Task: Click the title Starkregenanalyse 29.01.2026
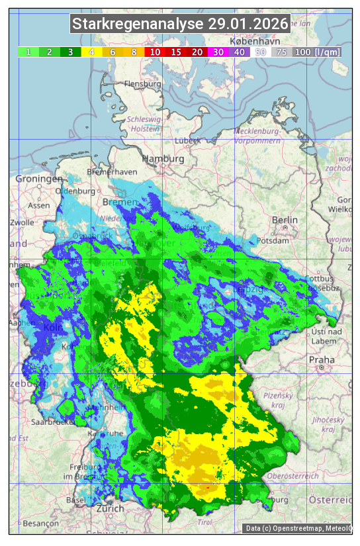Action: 180,24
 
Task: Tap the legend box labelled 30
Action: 218,52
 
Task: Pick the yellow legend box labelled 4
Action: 91,52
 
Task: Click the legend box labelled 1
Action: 28,52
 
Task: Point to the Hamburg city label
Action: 163,159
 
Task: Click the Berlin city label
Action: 285,220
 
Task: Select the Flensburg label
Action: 143,85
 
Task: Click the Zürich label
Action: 110,508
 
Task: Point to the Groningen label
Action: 39,179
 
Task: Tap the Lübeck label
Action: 187,141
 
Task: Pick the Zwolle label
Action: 22,222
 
